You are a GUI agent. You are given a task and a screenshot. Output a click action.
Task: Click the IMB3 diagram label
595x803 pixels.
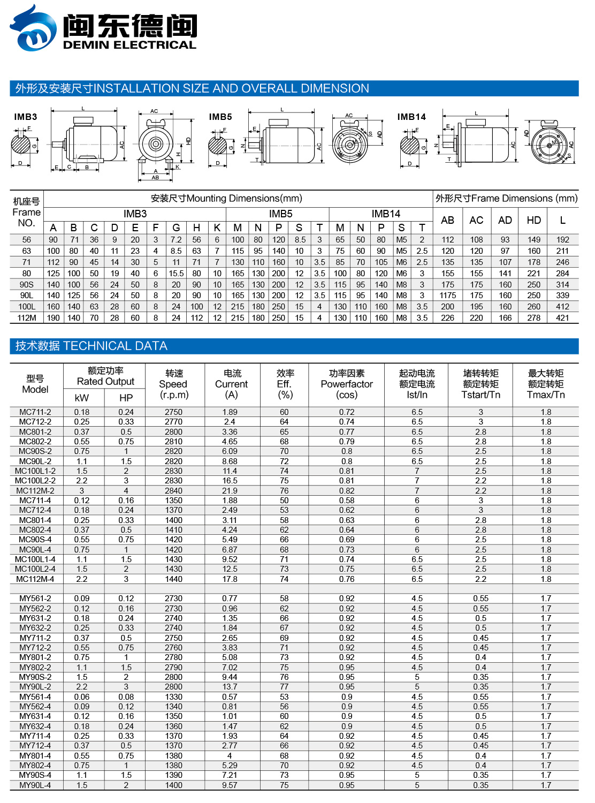(26, 117)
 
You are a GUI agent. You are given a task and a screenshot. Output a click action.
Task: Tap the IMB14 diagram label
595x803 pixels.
(411, 117)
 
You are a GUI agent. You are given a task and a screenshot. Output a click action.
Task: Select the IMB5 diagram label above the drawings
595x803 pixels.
(220, 117)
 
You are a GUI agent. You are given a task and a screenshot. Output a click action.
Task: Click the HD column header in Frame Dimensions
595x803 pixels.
(533, 220)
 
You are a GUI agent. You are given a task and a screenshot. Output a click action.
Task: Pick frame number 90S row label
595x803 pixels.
(27, 285)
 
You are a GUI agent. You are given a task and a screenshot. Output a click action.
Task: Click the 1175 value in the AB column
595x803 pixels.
(448, 296)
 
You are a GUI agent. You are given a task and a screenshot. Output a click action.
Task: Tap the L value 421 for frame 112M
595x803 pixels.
(562, 318)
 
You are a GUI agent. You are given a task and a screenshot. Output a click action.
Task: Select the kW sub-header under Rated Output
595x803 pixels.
(82, 398)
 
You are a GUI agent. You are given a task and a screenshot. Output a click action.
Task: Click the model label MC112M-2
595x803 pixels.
(35, 490)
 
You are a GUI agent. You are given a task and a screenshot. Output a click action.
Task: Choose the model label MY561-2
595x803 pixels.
(35, 599)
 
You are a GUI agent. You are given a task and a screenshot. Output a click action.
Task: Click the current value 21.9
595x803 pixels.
(230, 490)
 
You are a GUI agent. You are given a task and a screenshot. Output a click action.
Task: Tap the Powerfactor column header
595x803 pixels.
(347, 384)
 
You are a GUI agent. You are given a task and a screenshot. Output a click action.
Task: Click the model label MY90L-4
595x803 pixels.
(35, 785)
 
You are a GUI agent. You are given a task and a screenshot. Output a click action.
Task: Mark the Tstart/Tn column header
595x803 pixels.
(480, 384)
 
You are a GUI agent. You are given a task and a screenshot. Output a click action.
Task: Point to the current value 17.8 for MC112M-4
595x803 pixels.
(230, 579)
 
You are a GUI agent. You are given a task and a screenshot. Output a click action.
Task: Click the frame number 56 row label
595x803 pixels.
(27, 240)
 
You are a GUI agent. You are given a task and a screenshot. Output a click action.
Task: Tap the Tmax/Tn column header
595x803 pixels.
(546, 384)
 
